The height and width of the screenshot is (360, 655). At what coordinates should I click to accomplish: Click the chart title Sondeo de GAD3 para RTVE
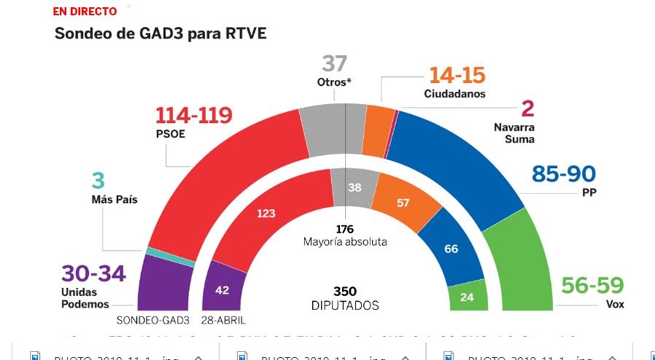coord(161,34)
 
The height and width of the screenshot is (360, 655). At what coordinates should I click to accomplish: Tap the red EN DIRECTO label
coord(84,12)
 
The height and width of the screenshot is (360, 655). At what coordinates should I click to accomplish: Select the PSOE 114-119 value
coord(194,115)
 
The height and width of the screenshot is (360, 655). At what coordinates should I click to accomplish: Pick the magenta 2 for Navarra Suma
coord(528,109)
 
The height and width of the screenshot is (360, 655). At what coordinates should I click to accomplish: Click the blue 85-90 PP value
coord(563,174)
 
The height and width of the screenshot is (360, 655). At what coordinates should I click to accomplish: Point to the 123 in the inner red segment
coord(265,214)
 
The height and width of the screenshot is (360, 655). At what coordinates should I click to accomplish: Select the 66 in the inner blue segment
coord(450,249)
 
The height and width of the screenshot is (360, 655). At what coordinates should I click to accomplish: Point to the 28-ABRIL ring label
coord(225,321)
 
